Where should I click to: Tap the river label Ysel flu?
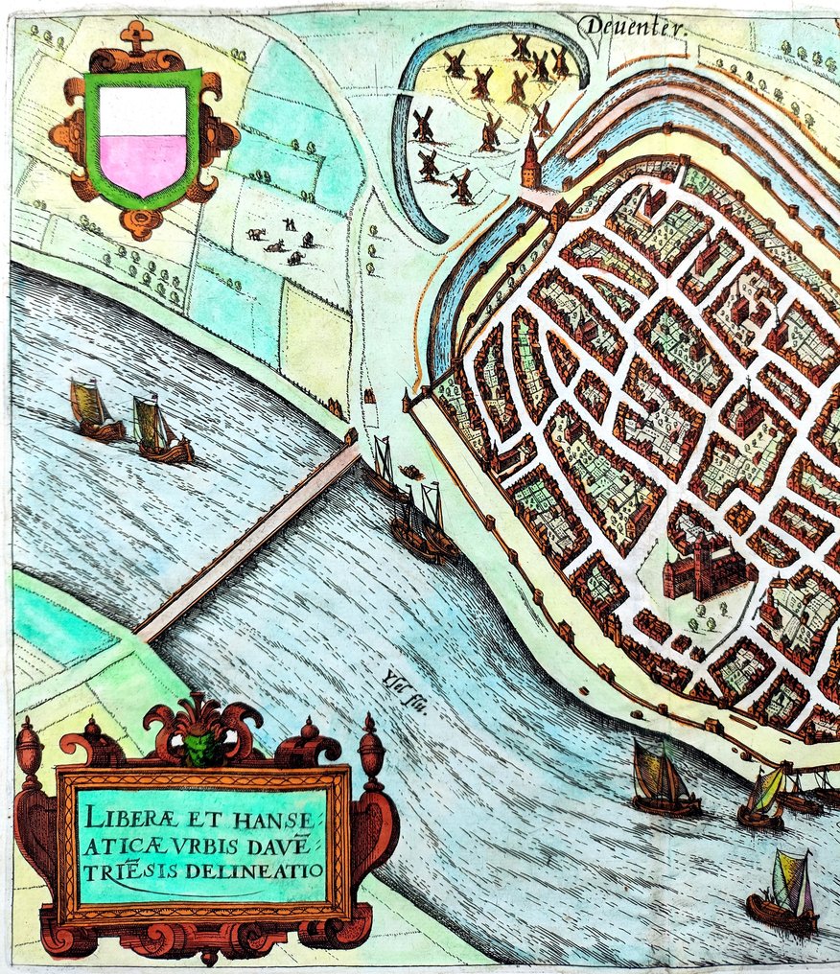[389, 686]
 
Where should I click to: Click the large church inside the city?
[705, 570]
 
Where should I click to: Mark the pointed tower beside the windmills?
[530, 161]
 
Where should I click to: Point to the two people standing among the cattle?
[289, 224]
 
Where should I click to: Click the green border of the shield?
[92, 144]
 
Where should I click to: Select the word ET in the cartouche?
[198, 821]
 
